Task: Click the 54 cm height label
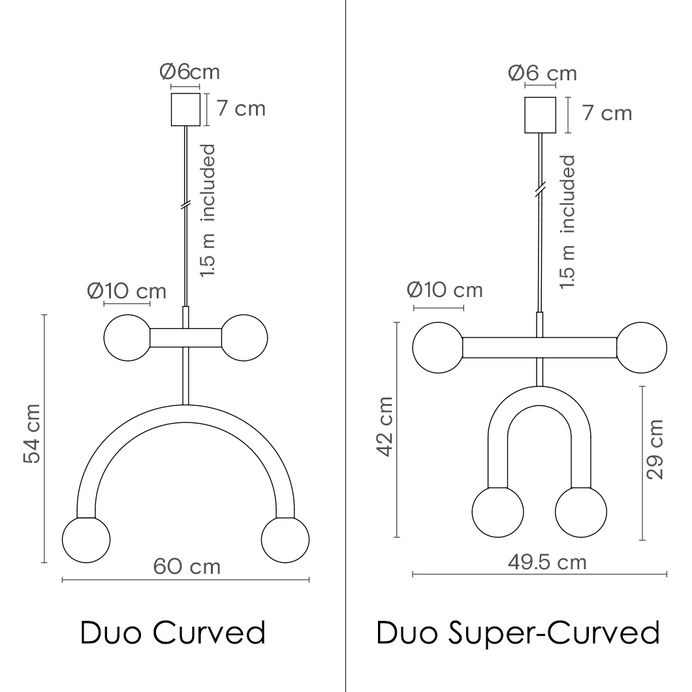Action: [x=32, y=433]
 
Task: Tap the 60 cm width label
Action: [x=187, y=567]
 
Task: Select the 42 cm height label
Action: [x=385, y=426]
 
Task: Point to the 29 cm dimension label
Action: [x=655, y=449]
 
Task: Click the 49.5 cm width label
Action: [x=547, y=562]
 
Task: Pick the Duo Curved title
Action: [x=172, y=632]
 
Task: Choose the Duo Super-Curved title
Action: [x=518, y=633]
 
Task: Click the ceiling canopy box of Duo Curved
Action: [x=185, y=109]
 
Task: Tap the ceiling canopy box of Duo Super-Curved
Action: [x=540, y=115]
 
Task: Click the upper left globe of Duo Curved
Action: [x=127, y=338]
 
